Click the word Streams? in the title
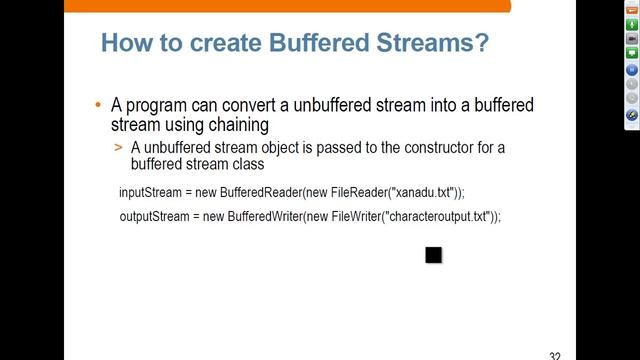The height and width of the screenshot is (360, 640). coord(426,43)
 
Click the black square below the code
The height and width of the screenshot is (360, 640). coord(433,255)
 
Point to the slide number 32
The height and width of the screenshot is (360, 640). coord(555,355)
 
